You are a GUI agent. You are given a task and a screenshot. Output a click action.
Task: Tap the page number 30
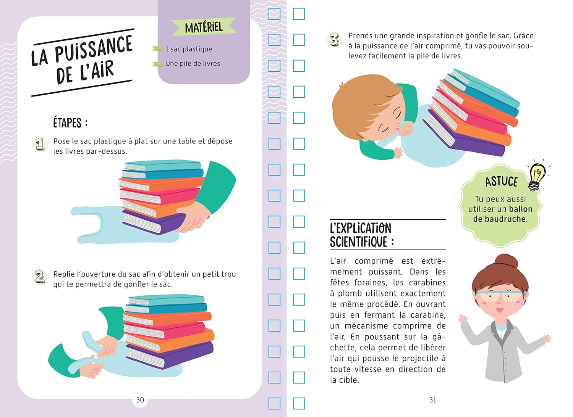coord(140,400)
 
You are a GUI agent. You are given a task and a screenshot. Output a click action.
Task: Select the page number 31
coord(432,400)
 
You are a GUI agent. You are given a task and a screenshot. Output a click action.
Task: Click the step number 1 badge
coord(40,144)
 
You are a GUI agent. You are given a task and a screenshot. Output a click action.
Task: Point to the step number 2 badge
coord(40,277)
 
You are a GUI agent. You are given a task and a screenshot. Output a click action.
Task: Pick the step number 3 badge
coord(334,40)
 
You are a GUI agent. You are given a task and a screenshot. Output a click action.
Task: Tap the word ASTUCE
coord(501,182)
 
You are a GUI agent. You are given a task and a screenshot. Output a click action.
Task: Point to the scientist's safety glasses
coord(500,295)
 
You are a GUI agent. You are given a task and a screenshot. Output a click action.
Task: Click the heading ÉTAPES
coord(67,123)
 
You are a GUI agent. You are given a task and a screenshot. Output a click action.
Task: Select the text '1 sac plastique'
coord(189,49)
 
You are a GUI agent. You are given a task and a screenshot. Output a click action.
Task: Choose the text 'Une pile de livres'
coord(193,63)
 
